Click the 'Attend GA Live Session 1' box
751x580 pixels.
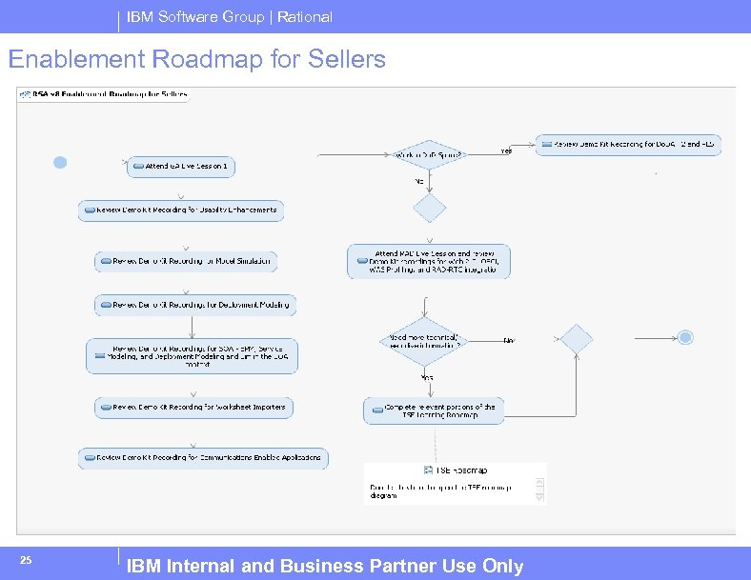coord(180,166)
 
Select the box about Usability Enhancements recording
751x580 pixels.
coord(181,210)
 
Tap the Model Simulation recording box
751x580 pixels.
coord(186,261)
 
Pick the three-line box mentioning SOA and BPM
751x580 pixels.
coord(192,356)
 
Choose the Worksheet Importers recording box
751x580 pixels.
coord(194,407)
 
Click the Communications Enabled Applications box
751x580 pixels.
coord(203,458)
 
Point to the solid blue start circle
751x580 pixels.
coord(60,162)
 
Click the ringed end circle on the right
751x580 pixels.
coord(684,337)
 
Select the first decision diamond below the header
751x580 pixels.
coord(429,154)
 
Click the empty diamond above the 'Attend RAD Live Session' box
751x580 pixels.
coord(429,208)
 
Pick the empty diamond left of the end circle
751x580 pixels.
coord(576,338)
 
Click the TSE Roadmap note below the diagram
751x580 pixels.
coord(455,481)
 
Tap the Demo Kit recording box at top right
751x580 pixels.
coord(627,145)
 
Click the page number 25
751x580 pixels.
coord(27,560)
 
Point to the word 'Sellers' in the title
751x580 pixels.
coord(347,59)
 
